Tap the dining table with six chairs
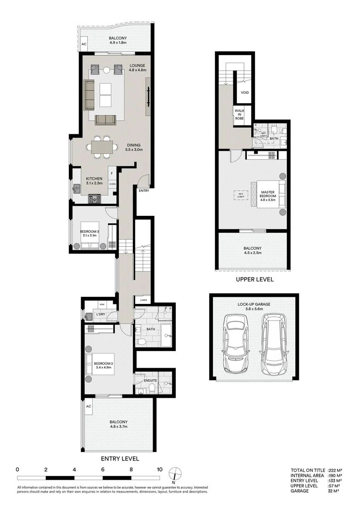click(x=102, y=146)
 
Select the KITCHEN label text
click(x=94, y=179)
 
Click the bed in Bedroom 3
click(x=90, y=235)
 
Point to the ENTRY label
click(x=144, y=190)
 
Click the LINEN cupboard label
click(x=143, y=300)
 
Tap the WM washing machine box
click(x=102, y=304)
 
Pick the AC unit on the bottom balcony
click(x=88, y=406)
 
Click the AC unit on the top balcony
click(x=84, y=44)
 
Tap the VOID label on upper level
click(x=245, y=92)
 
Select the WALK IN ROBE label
click(x=240, y=115)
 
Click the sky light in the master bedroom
click(x=241, y=195)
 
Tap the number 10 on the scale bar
click(x=160, y=469)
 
